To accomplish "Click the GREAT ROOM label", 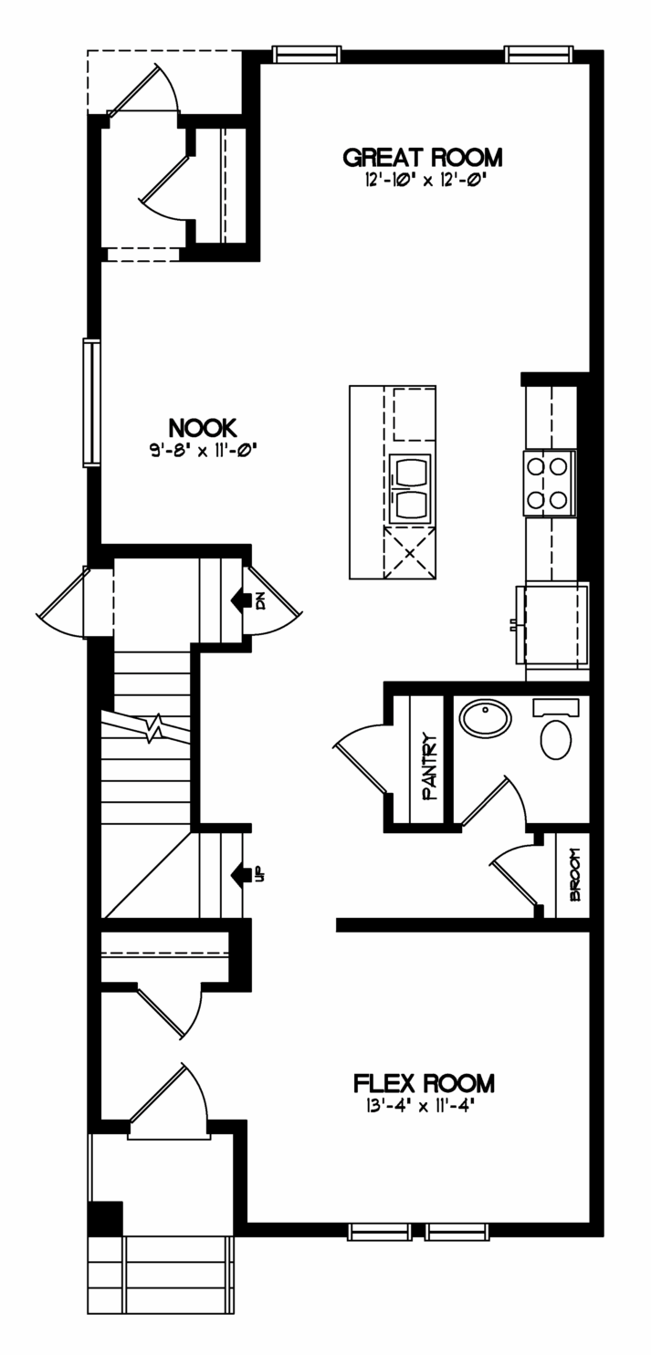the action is coord(423,158).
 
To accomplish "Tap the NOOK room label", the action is coord(203,428).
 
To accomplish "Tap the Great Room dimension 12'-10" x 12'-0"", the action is coord(423,181).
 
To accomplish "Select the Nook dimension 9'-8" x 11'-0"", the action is coord(203,450).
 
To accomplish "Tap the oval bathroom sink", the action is coord(485,721).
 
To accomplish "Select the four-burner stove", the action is coord(550,484).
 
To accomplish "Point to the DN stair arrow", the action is coord(242,600).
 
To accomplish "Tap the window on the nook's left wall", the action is coord(91,402).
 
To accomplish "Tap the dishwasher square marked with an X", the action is coord(409,552).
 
